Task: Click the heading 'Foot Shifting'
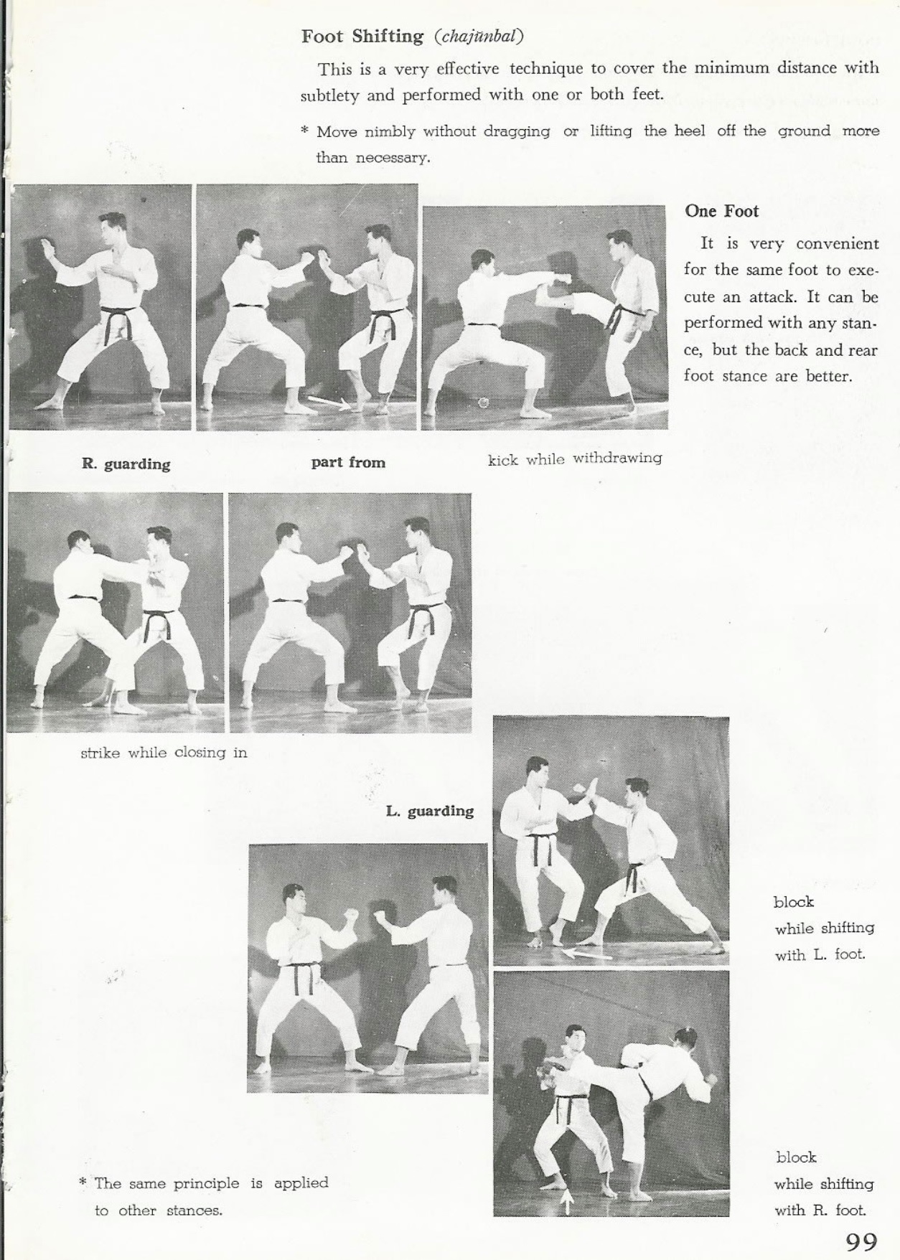point(362,37)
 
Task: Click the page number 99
point(861,1241)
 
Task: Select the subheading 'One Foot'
point(721,211)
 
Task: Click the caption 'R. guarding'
point(126,464)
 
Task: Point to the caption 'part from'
point(348,463)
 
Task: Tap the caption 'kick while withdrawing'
point(575,459)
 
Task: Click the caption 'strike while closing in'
point(164,753)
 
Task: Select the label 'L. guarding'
point(430,812)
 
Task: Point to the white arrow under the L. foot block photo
point(586,954)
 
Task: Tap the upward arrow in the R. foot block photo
point(566,1200)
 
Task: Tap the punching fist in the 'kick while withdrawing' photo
point(565,278)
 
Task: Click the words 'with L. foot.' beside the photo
point(820,955)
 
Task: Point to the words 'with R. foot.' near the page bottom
point(820,1210)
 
